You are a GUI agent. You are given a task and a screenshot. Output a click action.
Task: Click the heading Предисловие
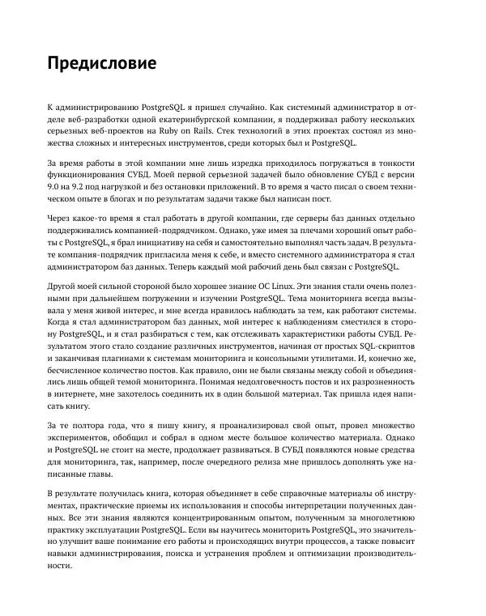coord(102,62)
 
